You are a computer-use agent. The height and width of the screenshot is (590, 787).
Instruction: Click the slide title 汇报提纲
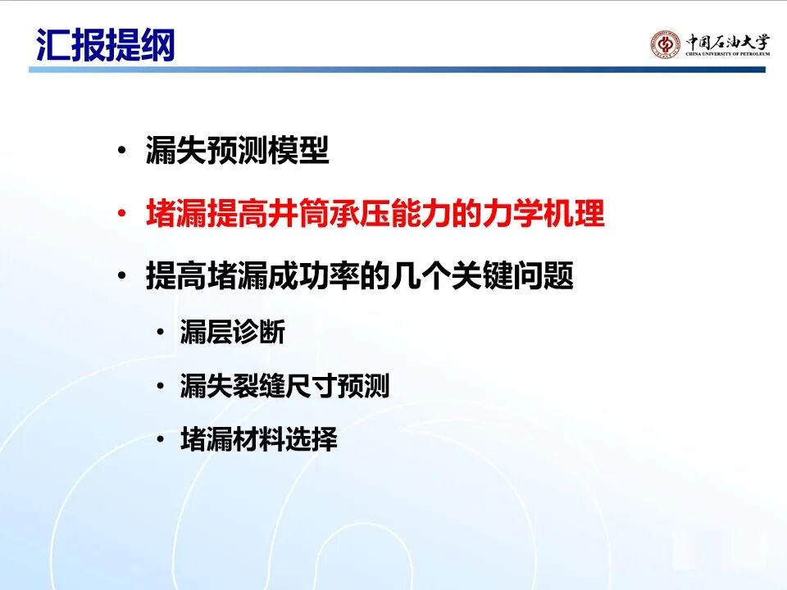point(106,45)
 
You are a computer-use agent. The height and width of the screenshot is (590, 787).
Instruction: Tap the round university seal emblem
point(666,45)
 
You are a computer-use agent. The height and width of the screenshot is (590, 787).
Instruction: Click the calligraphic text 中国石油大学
point(728,41)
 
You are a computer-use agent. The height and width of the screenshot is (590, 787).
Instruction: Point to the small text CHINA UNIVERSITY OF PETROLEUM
point(728,54)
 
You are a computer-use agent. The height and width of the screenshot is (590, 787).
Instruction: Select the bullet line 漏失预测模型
point(238,150)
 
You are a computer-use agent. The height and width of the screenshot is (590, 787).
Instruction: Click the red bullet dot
point(121,213)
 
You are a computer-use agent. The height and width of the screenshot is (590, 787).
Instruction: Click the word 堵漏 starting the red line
point(176,213)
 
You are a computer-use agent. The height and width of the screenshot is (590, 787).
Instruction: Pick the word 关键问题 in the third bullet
point(512,275)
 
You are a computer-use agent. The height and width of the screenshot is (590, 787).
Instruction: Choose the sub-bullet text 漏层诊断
point(233,332)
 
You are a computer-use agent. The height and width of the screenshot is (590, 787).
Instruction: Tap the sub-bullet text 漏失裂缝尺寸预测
point(285,386)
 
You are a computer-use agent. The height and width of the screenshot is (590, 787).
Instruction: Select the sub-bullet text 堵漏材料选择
point(259,439)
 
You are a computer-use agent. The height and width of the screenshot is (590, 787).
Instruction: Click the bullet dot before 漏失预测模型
point(121,150)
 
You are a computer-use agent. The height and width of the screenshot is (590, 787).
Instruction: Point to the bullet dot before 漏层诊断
point(161,332)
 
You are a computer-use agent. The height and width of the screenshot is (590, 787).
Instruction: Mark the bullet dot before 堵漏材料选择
point(161,439)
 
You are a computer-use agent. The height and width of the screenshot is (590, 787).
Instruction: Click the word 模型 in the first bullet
point(298,150)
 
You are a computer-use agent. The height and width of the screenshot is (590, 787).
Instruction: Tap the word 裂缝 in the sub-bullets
point(259,386)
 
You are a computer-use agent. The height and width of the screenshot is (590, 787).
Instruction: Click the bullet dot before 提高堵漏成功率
point(121,275)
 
